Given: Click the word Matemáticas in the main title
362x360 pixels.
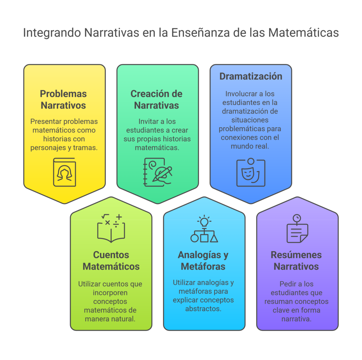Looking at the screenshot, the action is [x=303, y=33].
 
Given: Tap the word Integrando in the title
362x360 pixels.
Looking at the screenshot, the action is [x=52, y=33].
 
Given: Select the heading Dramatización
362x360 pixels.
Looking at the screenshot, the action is [x=251, y=76].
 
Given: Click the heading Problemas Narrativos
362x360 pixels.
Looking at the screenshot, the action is [x=64, y=100].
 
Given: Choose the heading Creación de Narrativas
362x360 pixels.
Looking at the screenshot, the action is [x=157, y=100].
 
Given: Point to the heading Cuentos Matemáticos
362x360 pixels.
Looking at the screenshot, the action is [x=111, y=260].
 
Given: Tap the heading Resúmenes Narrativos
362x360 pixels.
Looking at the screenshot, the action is [x=296, y=260].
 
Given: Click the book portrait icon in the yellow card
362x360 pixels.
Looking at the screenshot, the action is [x=64, y=172].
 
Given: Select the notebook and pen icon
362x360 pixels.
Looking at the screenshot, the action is [x=157, y=172].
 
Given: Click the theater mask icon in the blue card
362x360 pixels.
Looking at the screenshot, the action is [x=251, y=172].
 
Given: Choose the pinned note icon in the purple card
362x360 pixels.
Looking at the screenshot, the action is [x=297, y=229].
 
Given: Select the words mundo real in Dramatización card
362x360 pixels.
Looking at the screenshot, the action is [x=250, y=146].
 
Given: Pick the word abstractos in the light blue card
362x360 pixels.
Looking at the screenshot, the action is [x=203, y=308].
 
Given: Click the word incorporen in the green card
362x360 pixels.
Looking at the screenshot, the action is [x=110, y=293].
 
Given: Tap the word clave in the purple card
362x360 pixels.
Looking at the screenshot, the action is [x=281, y=310].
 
